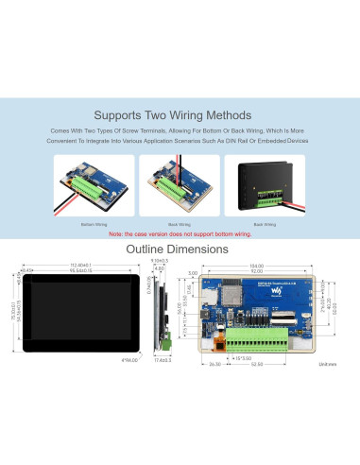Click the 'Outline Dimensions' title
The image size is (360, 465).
(180, 250)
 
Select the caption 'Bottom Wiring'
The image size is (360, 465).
(94, 224)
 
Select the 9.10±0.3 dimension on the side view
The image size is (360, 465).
(160, 261)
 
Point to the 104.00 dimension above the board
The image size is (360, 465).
(257, 267)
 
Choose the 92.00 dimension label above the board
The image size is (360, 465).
(257, 273)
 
